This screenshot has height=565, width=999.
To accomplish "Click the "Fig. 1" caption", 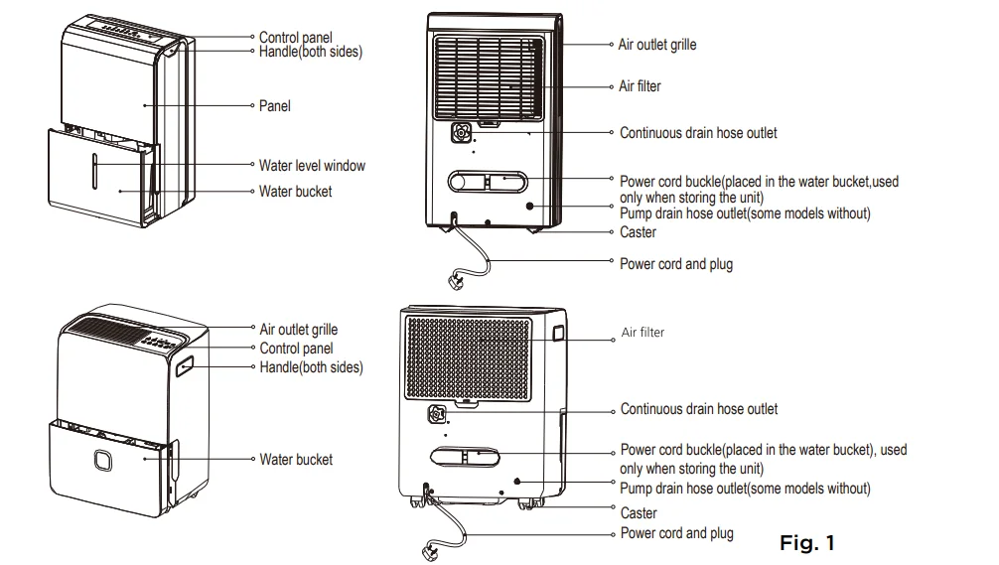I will [x=806, y=543].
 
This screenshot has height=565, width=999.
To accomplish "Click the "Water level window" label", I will [x=312, y=166].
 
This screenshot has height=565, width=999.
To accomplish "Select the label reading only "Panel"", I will [x=275, y=105].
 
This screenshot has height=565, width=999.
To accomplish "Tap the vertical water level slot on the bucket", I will [x=96, y=171].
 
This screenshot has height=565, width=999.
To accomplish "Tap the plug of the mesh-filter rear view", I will [x=435, y=549].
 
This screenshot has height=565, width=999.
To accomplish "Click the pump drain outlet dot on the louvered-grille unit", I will [x=530, y=206].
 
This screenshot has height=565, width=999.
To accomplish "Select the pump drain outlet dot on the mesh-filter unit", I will [x=517, y=481].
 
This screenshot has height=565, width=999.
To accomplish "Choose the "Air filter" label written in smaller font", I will [x=642, y=333].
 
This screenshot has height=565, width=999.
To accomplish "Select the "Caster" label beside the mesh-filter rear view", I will [x=639, y=513].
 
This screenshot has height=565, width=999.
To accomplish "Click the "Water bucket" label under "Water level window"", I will [x=296, y=191].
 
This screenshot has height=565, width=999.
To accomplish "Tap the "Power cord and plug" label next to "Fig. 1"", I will [x=677, y=534].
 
